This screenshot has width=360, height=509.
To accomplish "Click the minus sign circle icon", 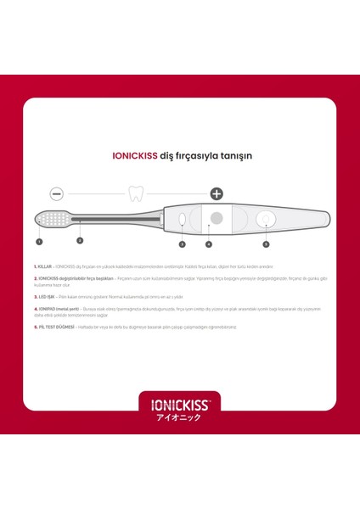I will [57, 193].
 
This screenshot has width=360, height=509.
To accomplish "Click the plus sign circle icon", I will [217, 193].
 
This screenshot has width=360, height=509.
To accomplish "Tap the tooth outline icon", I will [133, 193].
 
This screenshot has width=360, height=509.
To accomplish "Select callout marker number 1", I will [39, 241].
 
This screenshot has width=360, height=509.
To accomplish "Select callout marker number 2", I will [80, 240].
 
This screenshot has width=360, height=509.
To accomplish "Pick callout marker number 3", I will [182, 243].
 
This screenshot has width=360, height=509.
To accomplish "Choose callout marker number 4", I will [209, 243].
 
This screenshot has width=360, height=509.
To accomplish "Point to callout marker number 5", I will [266, 243].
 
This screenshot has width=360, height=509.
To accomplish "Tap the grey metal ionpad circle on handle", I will [216, 219].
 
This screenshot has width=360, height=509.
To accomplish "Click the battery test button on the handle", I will [266, 220].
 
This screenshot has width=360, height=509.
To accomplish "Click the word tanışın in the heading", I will [235, 156].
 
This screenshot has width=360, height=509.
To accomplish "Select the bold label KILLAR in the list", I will [45, 266].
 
